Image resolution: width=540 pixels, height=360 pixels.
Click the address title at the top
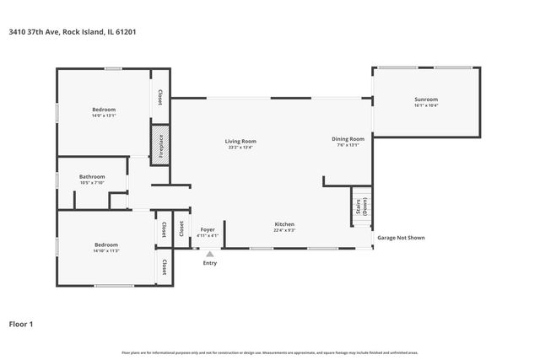(x=73, y=32)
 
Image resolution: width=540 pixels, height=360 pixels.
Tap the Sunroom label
(x=426, y=99)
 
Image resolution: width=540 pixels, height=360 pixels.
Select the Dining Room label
(x=348, y=138)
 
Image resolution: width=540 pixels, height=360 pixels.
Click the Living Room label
(x=240, y=141)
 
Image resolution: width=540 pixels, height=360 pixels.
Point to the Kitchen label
(x=284, y=224)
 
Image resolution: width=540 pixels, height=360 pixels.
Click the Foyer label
(x=208, y=229)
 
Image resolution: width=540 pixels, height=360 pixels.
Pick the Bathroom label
(x=92, y=176)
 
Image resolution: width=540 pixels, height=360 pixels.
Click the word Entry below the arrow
(x=210, y=263)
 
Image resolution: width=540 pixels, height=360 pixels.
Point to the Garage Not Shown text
(x=401, y=238)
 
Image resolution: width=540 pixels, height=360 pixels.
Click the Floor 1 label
(x=21, y=323)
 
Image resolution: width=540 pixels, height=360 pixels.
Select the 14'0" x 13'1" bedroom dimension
(x=104, y=116)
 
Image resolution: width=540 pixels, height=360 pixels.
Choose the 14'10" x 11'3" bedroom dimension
(x=105, y=251)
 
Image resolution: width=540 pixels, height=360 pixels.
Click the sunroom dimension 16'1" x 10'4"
(x=426, y=105)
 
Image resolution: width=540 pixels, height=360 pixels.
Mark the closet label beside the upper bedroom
(x=160, y=98)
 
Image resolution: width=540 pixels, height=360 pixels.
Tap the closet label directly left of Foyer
(x=181, y=228)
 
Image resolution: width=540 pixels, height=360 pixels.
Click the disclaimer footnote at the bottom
(x=270, y=352)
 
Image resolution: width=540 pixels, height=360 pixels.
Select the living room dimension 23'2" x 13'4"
(x=240, y=148)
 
